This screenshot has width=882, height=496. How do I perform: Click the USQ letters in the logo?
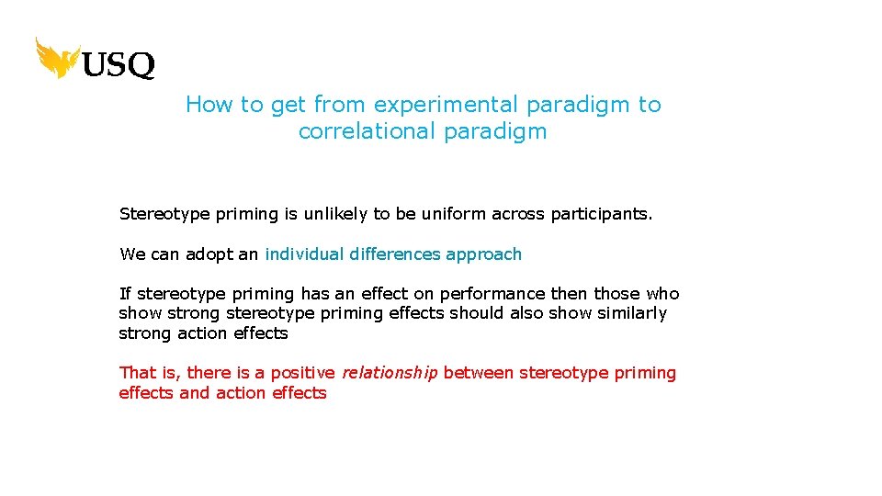[119, 65]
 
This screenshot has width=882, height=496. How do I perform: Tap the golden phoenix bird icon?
[57, 57]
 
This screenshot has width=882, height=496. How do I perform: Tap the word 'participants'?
[600, 214]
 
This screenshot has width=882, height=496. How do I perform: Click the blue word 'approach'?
[483, 254]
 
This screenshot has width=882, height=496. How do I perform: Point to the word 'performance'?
[492, 294]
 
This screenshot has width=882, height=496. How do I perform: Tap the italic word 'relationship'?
[390, 373]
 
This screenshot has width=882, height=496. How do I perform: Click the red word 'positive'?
[305, 373]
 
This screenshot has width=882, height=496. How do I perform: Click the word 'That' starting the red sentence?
[138, 373]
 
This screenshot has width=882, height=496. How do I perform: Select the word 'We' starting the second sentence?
[132, 254]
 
